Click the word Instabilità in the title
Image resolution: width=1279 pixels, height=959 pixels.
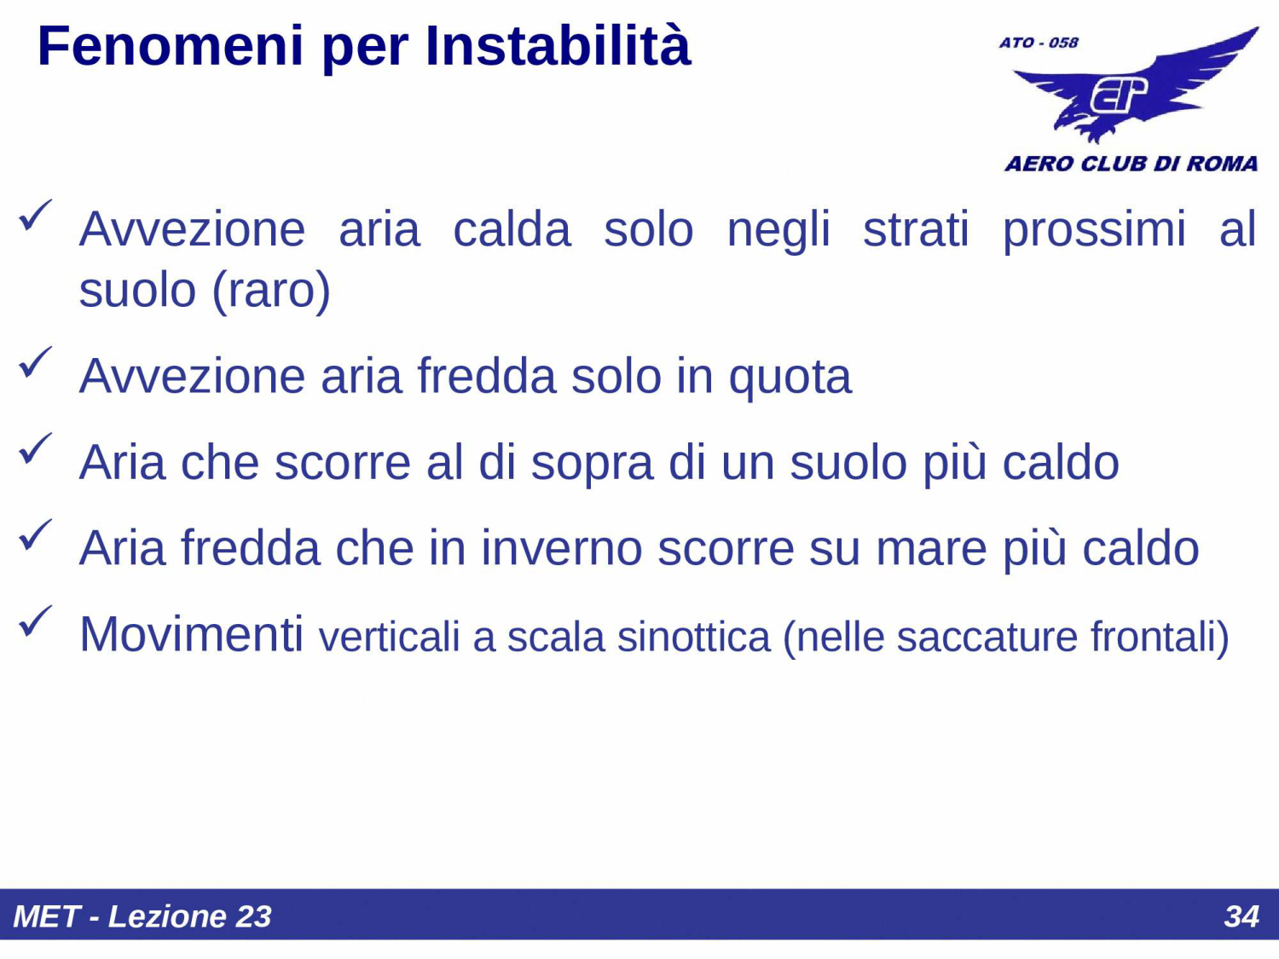[x=558, y=46]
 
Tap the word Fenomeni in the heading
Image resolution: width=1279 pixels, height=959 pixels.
[x=171, y=46]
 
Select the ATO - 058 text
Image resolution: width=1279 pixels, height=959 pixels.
[x=1039, y=43]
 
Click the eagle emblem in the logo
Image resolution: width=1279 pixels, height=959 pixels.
[x=1134, y=90]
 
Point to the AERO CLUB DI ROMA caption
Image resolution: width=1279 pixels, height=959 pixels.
[x=1131, y=164]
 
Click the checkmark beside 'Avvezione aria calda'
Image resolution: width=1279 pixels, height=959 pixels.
[x=35, y=215]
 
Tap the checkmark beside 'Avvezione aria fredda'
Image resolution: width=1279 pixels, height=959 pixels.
[x=35, y=362]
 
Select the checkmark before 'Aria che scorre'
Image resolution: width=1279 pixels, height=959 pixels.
[x=35, y=448]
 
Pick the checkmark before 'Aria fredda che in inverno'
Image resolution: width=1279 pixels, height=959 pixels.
[x=35, y=535]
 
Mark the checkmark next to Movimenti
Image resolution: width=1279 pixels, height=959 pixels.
[x=35, y=621]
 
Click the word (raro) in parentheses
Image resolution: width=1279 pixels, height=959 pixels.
[x=270, y=291]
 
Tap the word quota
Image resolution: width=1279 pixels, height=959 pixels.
[x=790, y=378]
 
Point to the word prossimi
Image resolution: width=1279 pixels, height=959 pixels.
[x=1094, y=230]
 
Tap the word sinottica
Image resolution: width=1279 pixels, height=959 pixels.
[x=693, y=638]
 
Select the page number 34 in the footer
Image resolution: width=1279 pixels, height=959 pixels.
[x=1241, y=916]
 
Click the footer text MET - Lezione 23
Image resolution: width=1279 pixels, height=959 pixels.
[x=142, y=916]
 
